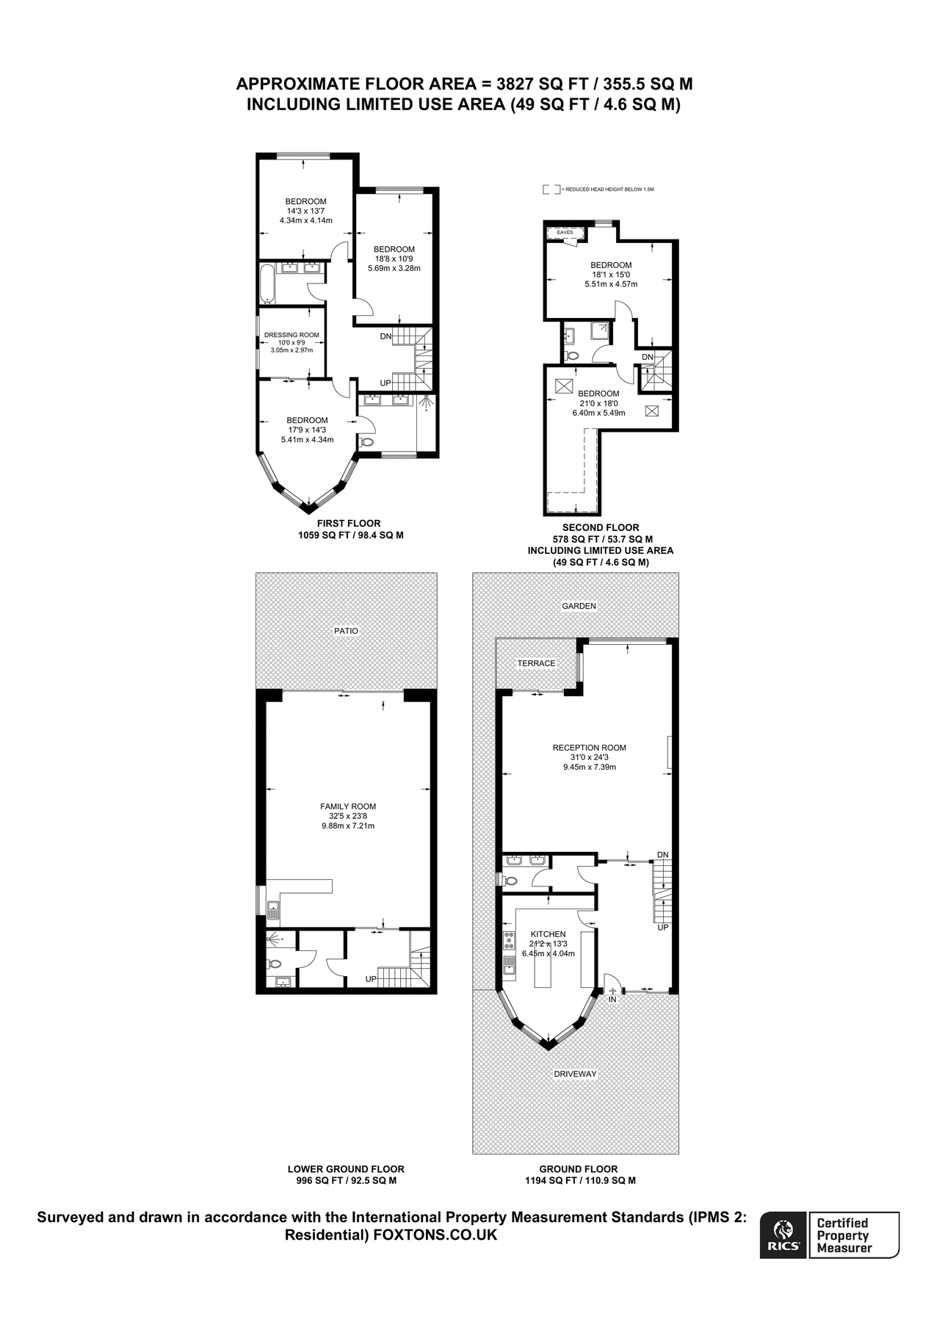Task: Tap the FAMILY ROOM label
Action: coord(348,806)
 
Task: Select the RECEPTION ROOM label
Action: coord(589,748)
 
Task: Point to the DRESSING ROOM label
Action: coord(292,335)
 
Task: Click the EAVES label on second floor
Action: coord(565,232)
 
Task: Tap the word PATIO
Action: coord(346,631)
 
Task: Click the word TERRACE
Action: coord(536,663)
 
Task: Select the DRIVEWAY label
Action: coord(575,1074)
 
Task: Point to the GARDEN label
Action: coord(579,606)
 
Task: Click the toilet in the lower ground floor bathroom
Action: coord(275,964)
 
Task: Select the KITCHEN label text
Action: coord(548,934)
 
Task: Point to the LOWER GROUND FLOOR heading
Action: coord(345,1169)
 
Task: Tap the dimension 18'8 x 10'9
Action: coord(394,259)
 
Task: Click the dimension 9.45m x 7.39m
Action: coord(589,767)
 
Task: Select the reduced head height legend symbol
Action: coord(551,189)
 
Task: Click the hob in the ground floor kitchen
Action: coord(508,940)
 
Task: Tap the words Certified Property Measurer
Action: coord(844,1235)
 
